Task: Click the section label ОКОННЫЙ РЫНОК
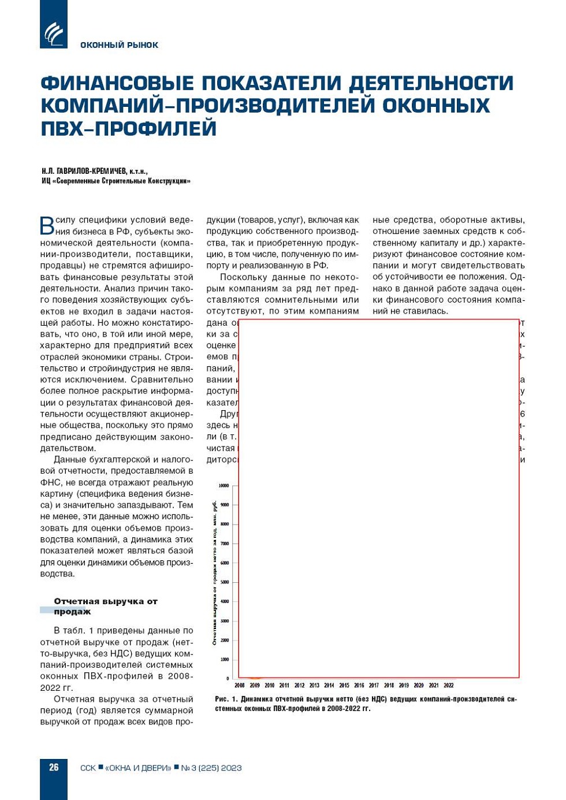pyautogui.click(x=119, y=45)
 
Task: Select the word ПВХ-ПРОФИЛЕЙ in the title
pyautogui.click(x=128, y=128)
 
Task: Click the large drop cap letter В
pyautogui.click(x=47, y=226)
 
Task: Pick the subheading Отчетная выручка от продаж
pyautogui.click(x=105, y=606)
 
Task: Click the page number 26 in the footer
pyautogui.click(x=54, y=767)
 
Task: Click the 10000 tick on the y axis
pyautogui.click(x=224, y=486)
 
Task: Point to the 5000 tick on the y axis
pyautogui.click(x=225, y=582)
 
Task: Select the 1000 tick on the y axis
pyautogui.click(x=225, y=660)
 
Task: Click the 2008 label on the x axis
pyautogui.click(x=240, y=686)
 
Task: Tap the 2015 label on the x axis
pyautogui.click(x=344, y=686)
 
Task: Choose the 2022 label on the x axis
pyautogui.click(x=449, y=686)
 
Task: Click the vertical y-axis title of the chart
pyautogui.click(x=214, y=572)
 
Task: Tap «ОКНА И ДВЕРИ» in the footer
pyautogui.click(x=138, y=768)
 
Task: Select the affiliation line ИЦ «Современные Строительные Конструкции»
pyautogui.click(x=116, y=181)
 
